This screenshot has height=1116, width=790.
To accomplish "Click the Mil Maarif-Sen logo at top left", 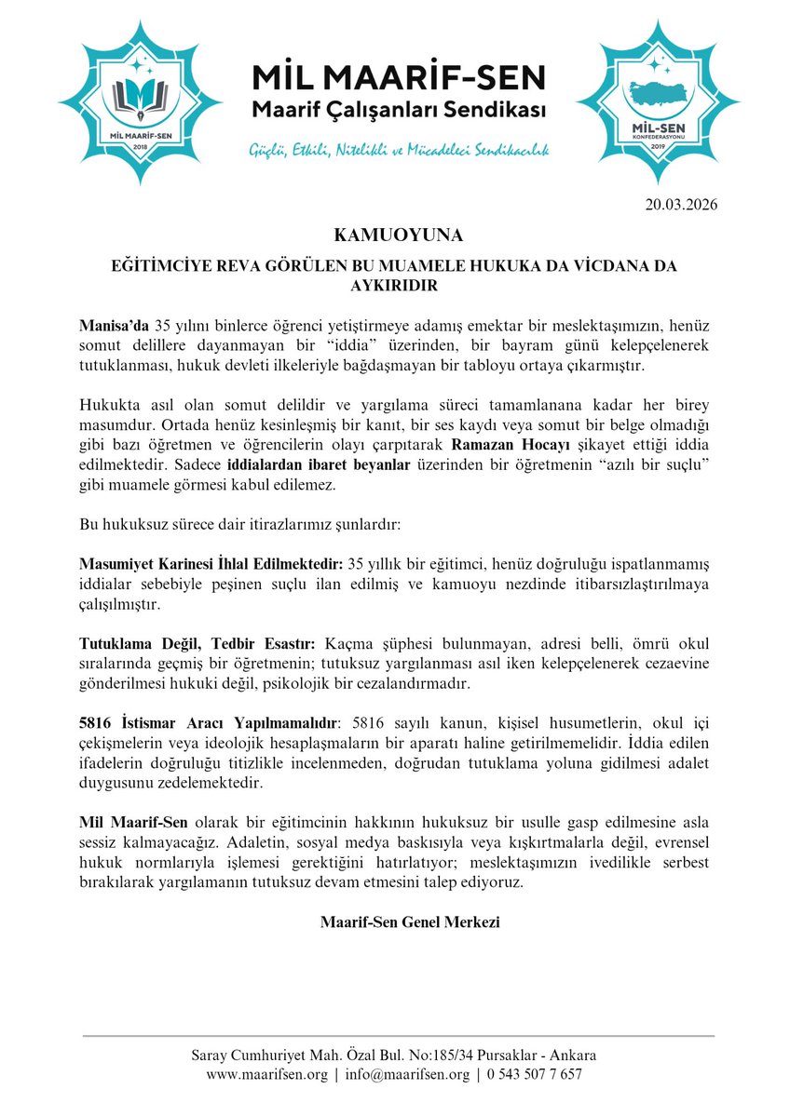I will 139,100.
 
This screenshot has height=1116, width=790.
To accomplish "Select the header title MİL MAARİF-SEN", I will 399,76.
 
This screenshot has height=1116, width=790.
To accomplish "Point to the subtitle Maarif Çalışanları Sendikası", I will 399,111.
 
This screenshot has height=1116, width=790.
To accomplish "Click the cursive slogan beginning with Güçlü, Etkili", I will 399,150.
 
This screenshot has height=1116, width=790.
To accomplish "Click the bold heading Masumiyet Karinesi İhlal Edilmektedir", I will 211,563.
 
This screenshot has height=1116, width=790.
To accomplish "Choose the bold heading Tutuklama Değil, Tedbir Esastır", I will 198,643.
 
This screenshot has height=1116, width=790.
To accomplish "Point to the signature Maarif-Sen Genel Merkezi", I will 410,922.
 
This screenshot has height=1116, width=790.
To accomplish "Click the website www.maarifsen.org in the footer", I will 267,1073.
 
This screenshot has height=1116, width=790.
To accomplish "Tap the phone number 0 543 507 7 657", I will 534,1073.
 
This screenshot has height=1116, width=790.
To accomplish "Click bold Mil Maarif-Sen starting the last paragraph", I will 134,823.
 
